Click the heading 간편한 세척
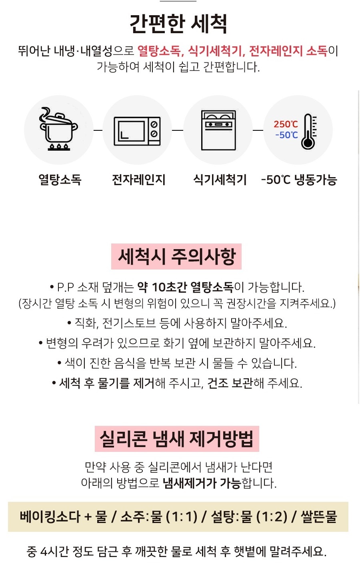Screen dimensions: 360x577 [178, 24]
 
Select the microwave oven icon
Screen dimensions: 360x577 [137, 131]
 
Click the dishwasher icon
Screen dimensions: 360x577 [218, 130]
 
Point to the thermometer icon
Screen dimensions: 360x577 [308, 131]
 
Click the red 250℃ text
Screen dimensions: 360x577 [286, 124]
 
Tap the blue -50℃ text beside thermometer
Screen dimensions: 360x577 [286, 135]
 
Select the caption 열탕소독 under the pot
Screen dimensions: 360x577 [60, 180]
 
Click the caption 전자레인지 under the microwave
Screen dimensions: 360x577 [138, 180]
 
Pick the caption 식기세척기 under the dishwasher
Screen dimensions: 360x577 [220, 180]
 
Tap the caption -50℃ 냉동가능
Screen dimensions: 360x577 [299, 180]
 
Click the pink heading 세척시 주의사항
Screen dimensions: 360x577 [176, 256]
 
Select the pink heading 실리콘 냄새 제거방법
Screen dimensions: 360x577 [176, 439]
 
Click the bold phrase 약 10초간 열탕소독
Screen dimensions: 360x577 [185, 287]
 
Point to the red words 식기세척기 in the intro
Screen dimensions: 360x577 [216, 51]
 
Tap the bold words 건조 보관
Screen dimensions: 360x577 [230, 383]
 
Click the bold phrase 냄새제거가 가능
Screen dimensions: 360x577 [202, 483]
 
